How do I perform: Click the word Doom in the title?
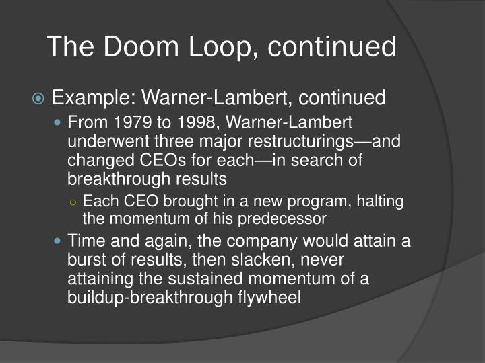click(x=133, y=47)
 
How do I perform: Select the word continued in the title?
click(x=329, y=47)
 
